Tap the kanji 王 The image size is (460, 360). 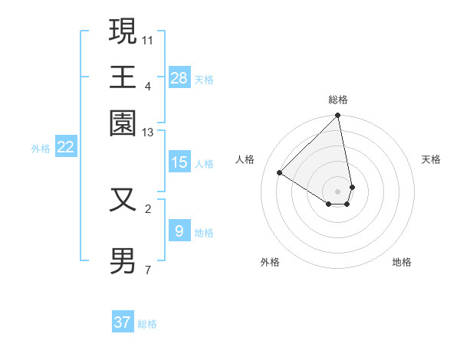pyautogui.click(x=123, y=77)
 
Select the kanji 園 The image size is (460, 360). pyautogui.click(x=123, y=123)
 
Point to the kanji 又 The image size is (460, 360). pyautogui.click(x=123, y=199)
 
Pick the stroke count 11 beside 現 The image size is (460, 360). pyautogui.click(x=149, y=39)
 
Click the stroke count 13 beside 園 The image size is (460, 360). pyautogui.click(x=149, y=133)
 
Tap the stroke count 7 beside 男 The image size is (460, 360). pyautogui.click(x=147, y=270)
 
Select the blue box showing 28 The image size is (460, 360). pyautogui.click(x=179, y=77)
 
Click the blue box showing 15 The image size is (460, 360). pyautogui.click(x=179, y=162)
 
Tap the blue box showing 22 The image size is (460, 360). pyautogui.click(x=65, y=147)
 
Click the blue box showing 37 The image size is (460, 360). pyautogui.click(x=123, y=322)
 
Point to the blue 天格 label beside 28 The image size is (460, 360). pyautogui.click(x=204, y=79)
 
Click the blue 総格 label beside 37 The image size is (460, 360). pyautogui.click(x=147, y=324)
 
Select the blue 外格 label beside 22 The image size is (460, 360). pyautogui.click(x=41, y=149)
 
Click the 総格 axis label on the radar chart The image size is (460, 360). pyautogui.click(x=338, y=100)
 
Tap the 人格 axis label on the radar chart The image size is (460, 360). pyautogui.click(x=245, y=159)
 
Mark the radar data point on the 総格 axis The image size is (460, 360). pyautogui.click(x=337, y=116)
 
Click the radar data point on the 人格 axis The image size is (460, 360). pyautogui.click(x=280, y=173)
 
